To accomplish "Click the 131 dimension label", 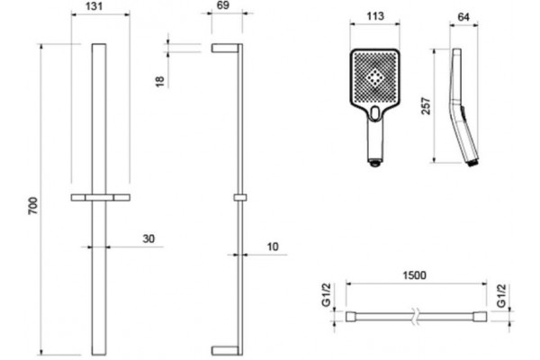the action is pos(94,6).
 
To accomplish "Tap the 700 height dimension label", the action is pos(32,206).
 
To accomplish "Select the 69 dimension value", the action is pos(223,5).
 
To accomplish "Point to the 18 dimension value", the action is pos(160,82).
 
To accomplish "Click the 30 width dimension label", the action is pos(148,238).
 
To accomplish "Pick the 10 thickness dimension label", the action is pos(273,247).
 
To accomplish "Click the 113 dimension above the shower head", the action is pos(375,16).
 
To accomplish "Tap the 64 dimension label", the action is pos(463,16).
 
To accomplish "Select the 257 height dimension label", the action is pos(426,106).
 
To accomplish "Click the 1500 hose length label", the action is pos(414,275).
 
